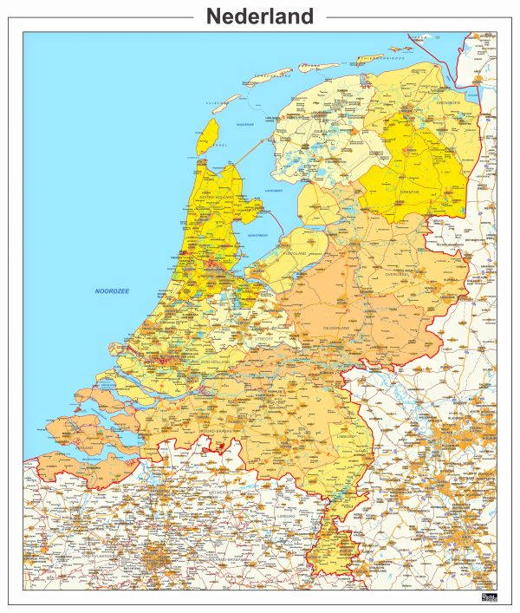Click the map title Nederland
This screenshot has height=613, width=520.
tap(260, 16)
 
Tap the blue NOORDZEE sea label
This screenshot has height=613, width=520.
tap(112, 291)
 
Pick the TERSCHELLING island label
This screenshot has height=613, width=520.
tap(271, 76)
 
